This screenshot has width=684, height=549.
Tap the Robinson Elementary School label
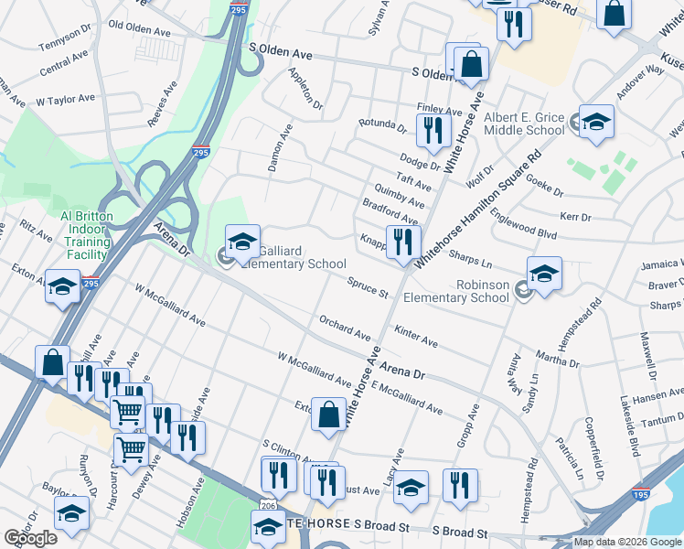tap(456, 291)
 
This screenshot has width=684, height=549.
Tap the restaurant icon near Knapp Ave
tap(403, 242)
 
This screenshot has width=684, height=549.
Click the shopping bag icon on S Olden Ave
tap(472, 65)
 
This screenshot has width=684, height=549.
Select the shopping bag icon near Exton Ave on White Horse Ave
tap(328, 414)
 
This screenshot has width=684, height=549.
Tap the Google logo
tap(30, 538)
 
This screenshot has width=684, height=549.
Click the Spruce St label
tap(368, 288)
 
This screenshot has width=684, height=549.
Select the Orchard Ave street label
tap(344, 328)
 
